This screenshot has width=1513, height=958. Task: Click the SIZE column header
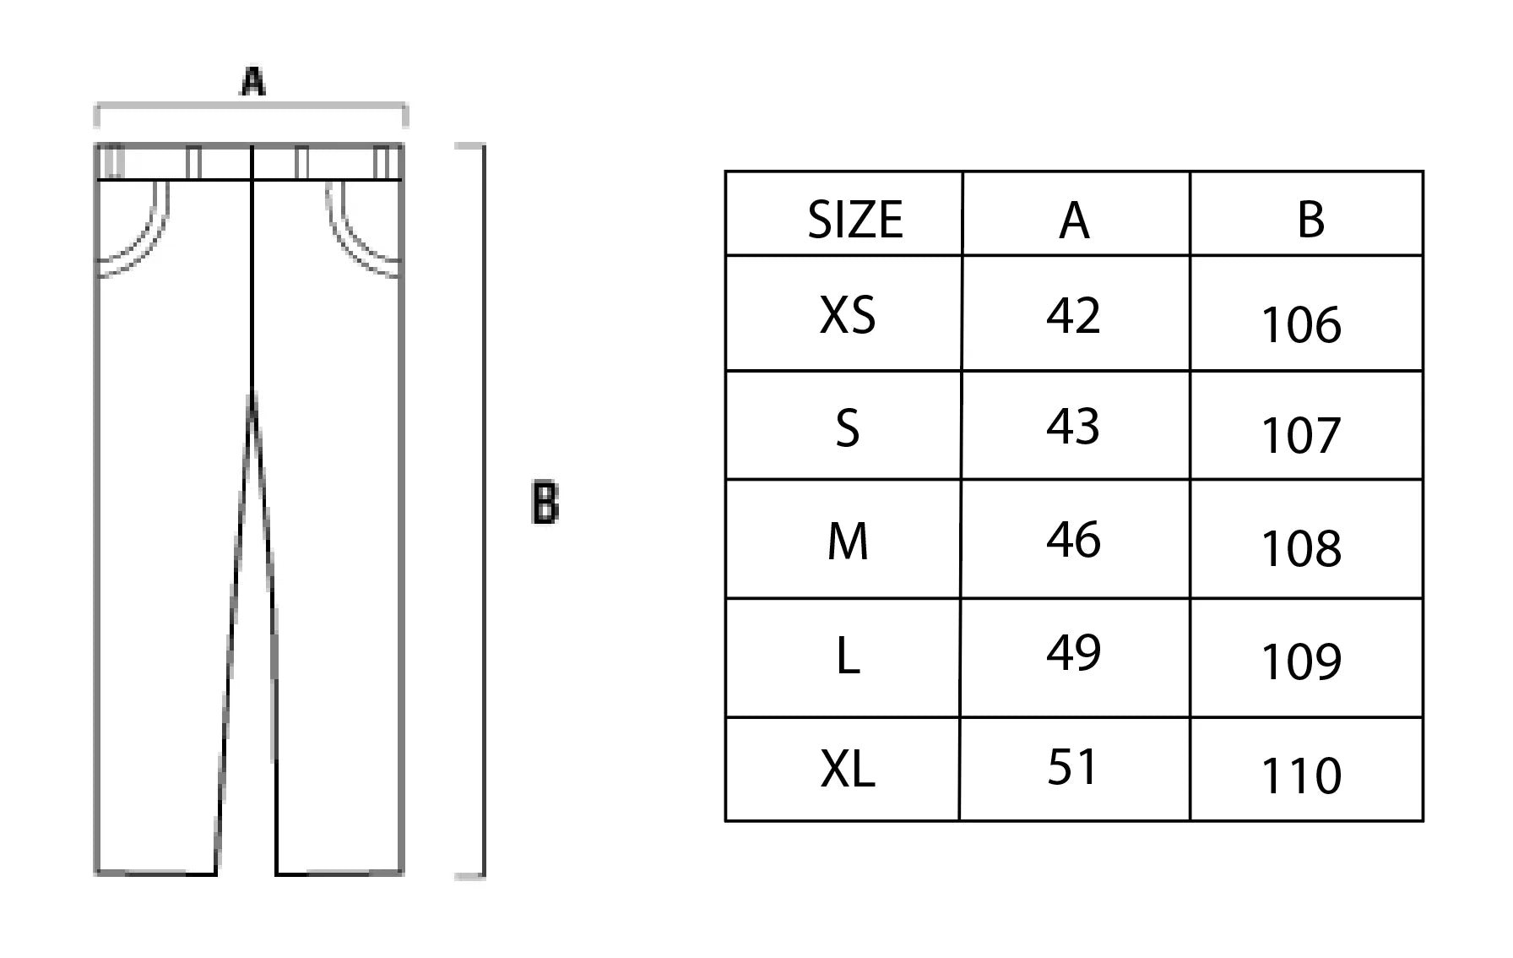pyautogui.click(x=854, y=220)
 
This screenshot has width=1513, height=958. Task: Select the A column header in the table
pyautogui.click(x=1074, y=221)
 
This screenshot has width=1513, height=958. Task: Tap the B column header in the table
pyautogui.click(x=1310, y=220)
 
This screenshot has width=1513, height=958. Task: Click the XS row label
pyautogui.click(x=848, y=316)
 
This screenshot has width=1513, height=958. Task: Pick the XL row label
pyautogui.click(x=848, y=769)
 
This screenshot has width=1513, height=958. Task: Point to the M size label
pyautogui.click(x=848, y=542)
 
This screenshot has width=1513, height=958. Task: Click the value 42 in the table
pyautogui.click(x=1073, y=315)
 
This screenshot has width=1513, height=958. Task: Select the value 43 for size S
pyautogui.click(x=1073, y=426)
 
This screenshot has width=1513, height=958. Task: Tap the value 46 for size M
pyautogui.click(x=1073, y=539)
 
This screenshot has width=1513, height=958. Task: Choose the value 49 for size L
pyautogui.click(x=1073, y=652)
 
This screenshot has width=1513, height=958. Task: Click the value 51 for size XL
pyautogui.click(x=1072, y=767)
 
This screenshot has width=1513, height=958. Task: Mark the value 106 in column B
pyautogui.click(x=1301, y=325)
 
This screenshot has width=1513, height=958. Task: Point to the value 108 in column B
pyautogui.click(x=1301, y=549)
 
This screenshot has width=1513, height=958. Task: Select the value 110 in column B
pyautogui.click(x=1301, y=776)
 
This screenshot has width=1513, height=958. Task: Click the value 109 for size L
pyautogui.click(x=1301, y=661)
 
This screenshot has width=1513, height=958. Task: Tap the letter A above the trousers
pyautogui.click(x=253, y=82)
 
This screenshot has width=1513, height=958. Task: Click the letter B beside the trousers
pyautogui.click(x=545, y=503)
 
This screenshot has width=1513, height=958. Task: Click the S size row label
pyautogui.click(x=848, y=428)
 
